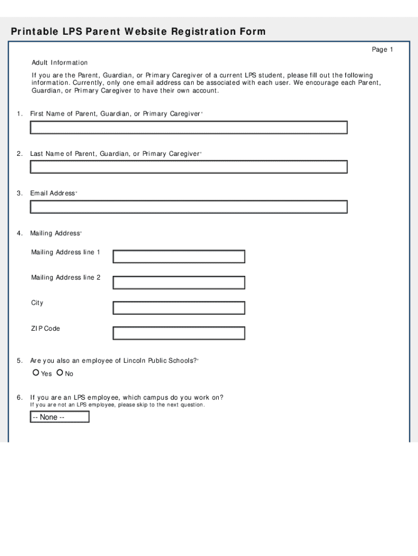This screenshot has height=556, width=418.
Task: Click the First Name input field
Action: [x=188, y=128]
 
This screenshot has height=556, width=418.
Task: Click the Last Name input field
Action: [x=188, y=167]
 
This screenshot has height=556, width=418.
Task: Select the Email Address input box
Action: [x=188, y=207]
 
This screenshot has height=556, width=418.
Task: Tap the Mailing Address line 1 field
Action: [x=179, y=256]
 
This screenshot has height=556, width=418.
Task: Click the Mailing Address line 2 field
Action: [x=179, y=282]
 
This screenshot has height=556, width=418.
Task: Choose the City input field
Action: [x=179, y=308]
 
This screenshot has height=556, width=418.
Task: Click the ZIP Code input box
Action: [x=179, y=333]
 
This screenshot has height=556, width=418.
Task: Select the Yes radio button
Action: [x=36, y=373]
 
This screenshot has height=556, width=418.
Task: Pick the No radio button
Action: [x=60, y=373]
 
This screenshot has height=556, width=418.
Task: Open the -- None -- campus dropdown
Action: [x=59, y=417]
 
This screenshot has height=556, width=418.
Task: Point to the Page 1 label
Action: [x=382, y=50]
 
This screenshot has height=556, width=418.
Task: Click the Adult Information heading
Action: [x=59, y=63]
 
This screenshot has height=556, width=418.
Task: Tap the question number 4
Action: [x=19, y=233]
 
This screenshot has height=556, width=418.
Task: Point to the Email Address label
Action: [x=53, y=193]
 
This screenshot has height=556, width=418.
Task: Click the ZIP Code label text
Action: [x=46, y=328]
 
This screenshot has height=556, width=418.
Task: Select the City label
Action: [x=37, y=303]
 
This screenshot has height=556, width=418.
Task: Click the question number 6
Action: [x=19, y=397]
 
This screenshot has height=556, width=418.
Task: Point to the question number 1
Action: [x=19, y=114]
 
